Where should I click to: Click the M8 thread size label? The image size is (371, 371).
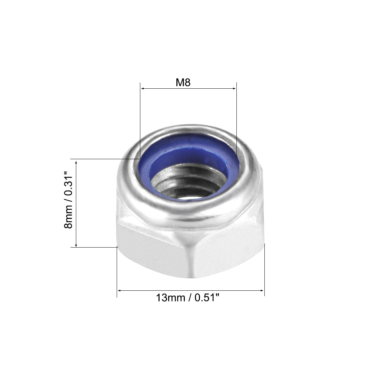tap(183, 83)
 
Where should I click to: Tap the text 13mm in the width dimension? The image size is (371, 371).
tap(170, 298)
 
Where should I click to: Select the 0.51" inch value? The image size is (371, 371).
tap(207, 298)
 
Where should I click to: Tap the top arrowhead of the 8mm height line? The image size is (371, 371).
tap(77, 163)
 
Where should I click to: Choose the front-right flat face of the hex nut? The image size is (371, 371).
tap(229, 250)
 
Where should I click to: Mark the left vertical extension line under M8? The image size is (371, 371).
tap(140, 118)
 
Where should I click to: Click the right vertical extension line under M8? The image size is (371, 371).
tap(236, 118)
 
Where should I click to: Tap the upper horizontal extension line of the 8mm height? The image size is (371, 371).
tap(101, 159)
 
